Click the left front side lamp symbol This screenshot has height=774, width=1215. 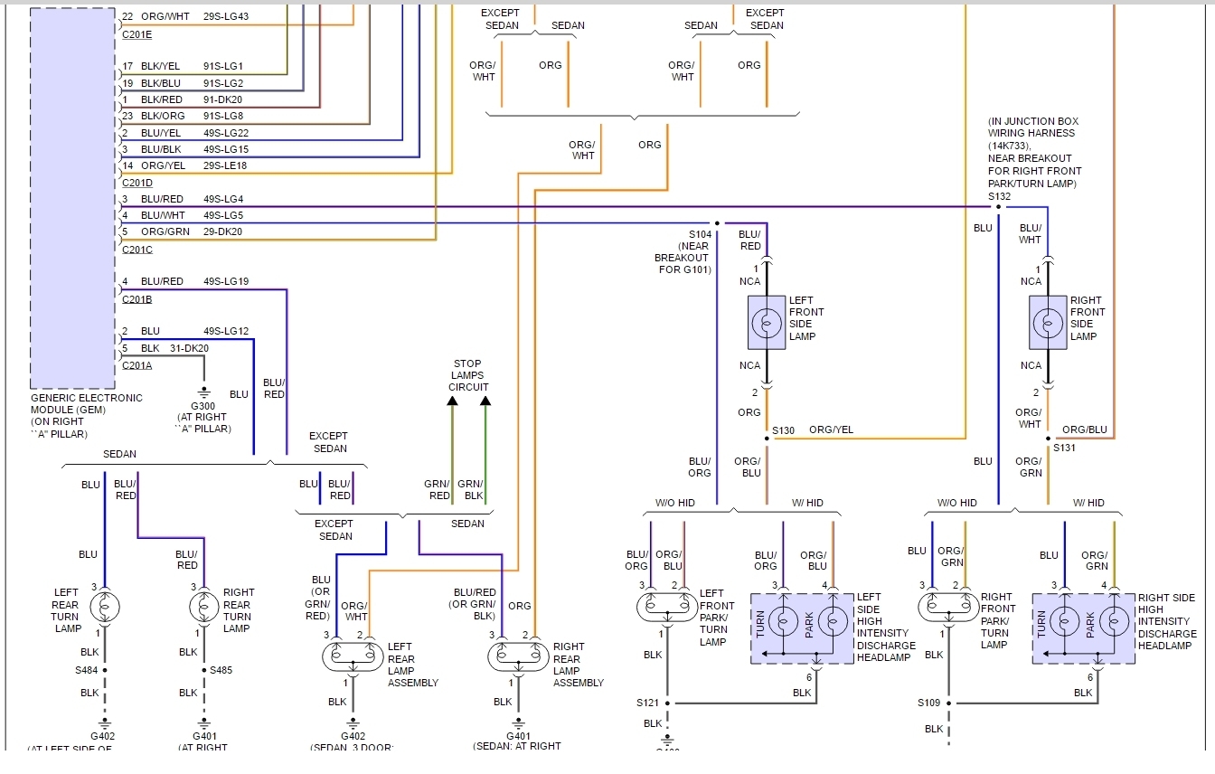pyautogui.click(x=767, y=323)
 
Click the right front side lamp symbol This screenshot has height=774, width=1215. pyautogui.click(x=1048, y=323)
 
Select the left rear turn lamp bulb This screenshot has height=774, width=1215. pyautogui.click(x=105, y=607)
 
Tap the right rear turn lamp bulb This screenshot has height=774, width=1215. pyautogui.click(x=204, y=607)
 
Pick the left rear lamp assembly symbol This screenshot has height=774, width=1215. pyautogui.click(x=353, y=656)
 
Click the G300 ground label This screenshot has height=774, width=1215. pyautogui.click(x=203, y=406)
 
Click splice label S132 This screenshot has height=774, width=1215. pyautogui.click(x=999, y=195)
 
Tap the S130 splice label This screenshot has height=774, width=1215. pyautogui.click(x=784, y=430)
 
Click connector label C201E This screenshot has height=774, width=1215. pyautogui.click(x=137, y=34)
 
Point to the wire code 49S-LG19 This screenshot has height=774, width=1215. pyautogui.click(x=225, y=281)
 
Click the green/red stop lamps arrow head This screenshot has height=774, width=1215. pyautogui.click(x=452, y=402)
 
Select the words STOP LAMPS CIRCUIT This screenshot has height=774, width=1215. pyautogui.click(x=468, y=375)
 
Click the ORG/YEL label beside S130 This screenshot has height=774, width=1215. pyautogui.click(x=831, y=429)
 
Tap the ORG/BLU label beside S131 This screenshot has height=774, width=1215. pyautogui.click(x=1085, y=429)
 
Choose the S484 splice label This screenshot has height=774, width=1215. pyautogui.click(x=89, y=670)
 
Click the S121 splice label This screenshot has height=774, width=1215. pyautogui.click(x=648, y=703)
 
